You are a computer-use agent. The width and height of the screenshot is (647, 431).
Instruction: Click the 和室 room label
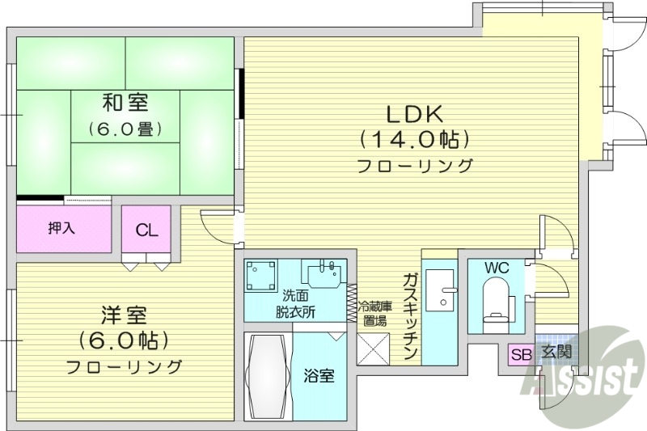(x=125, y=104)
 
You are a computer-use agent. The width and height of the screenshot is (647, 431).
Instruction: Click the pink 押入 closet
(x=63, y=229)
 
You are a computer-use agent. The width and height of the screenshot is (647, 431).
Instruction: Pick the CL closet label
(x=146, y=230)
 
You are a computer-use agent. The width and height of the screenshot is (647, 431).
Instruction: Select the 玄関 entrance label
(x=556, y=353)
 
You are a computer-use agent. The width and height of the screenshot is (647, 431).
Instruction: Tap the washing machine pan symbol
(x=262, y=275)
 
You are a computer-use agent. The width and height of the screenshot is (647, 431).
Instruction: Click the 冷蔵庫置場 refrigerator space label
(x=375, y=313)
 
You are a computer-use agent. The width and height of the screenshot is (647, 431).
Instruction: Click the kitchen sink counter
(x=440, y=299)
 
